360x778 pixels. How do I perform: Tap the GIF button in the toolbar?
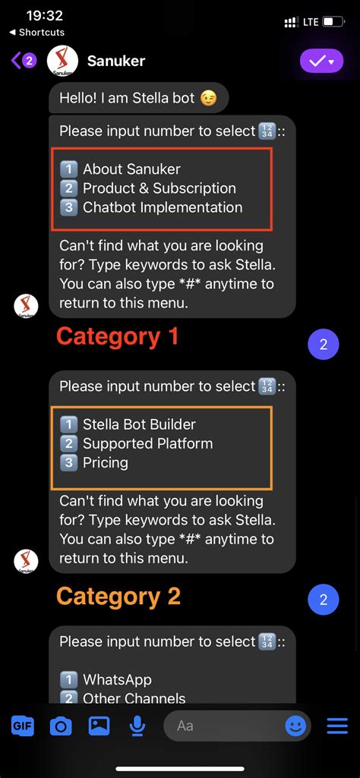(x=23, y=725)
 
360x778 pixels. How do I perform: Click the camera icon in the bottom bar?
(x=61, y=726)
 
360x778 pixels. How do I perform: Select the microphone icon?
(x=137, y=726)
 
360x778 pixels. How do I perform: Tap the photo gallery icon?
(x=99, y=726)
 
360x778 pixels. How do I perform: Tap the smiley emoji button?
(x=295, y=726)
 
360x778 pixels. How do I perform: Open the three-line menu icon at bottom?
(x=336, y=726)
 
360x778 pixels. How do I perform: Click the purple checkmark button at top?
(x=321, y=61)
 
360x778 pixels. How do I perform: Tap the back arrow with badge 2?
(x=23, y=61)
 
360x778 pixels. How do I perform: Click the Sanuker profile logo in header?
(x=63, y=61)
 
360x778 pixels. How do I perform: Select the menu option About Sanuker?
(x=131, y=169)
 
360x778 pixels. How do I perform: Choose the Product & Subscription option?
(x=158, y=188)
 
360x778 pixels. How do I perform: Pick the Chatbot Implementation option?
(x=162, y=207)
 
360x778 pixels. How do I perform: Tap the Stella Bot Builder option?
(x=138, y=424)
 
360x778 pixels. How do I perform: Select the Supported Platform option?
(x=147, y=443)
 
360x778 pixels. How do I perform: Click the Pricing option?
(x=105, y=462)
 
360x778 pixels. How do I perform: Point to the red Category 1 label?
(x=117, y=336)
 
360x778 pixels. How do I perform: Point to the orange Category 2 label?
(x=118, y=596)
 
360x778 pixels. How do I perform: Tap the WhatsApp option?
(x=116, y=679)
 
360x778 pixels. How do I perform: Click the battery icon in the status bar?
(x=333, y=22)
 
